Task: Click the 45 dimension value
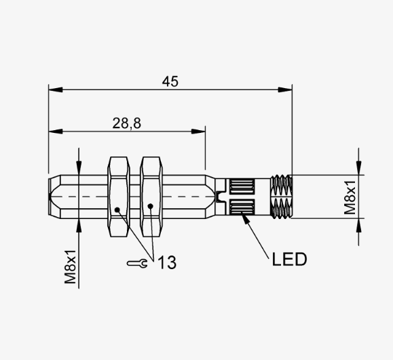(x=170, y=81)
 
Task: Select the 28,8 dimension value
(x=126, y=123)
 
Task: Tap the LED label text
(x=289, y=259)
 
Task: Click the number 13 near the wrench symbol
(x=167, y=262)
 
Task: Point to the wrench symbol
(x=137, y=263)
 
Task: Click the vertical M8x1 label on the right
(x=350, y=197)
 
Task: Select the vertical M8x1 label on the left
(x=70, y=266)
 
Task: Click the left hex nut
(x=119, y=197)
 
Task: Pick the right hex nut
(x=151, y=197)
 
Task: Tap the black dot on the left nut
(x=117, y=209)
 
